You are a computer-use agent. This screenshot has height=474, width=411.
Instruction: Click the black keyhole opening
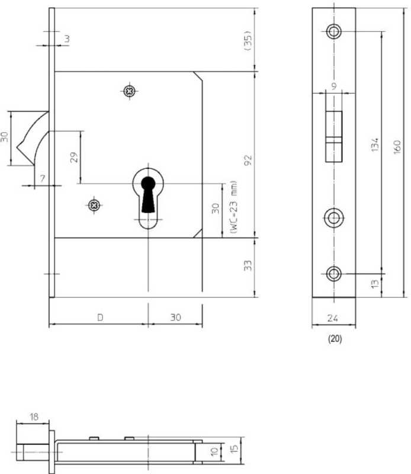coord(148,194)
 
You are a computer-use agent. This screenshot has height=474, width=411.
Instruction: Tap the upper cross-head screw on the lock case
coord(130,91)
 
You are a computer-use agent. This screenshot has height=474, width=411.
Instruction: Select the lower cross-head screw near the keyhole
coord(94,205)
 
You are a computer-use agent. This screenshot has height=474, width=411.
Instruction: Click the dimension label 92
coord(248,160)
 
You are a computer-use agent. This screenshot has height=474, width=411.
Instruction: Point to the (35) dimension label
coord(248,40)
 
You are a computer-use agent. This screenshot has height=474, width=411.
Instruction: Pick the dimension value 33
coord(248,265)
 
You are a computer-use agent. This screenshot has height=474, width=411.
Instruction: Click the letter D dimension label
coord(100,318)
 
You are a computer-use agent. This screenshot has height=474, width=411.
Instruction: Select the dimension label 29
coord(74,157)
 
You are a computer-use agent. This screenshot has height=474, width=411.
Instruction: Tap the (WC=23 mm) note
coord(233,207)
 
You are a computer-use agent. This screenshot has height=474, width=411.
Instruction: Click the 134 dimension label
coord(375,145)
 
